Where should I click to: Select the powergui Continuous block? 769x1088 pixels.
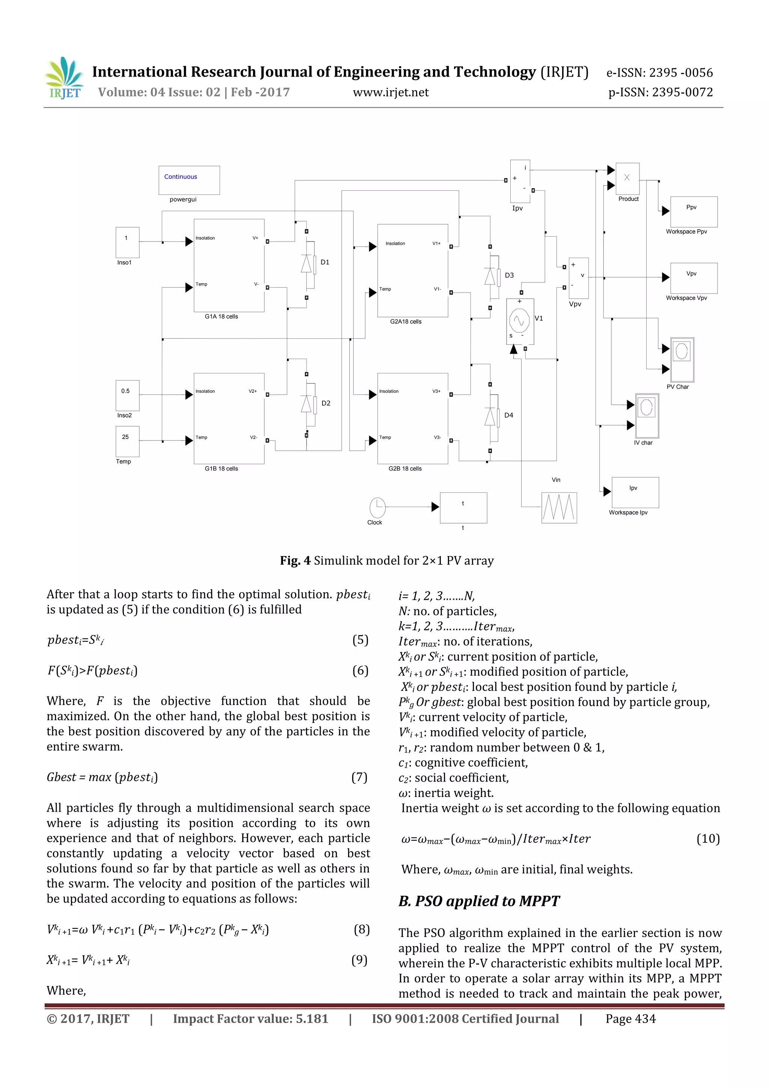click(189, 180)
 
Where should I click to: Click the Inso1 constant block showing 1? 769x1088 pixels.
click(127, 242)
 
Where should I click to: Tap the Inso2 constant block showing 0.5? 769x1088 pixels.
click(127, 395)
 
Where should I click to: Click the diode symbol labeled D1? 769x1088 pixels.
click(306, 264)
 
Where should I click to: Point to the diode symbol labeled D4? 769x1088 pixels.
click(490, 417)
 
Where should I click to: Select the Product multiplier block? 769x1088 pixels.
click(627, 179)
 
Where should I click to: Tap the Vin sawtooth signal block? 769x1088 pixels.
click(559, 507)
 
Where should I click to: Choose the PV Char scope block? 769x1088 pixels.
click(682, 360)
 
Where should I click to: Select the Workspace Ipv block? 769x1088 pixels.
click(635, 492)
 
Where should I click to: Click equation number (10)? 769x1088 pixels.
click(708, 839)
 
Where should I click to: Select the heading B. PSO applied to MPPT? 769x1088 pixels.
click(478, 901)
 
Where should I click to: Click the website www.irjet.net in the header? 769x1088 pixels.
click(391, 92)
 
